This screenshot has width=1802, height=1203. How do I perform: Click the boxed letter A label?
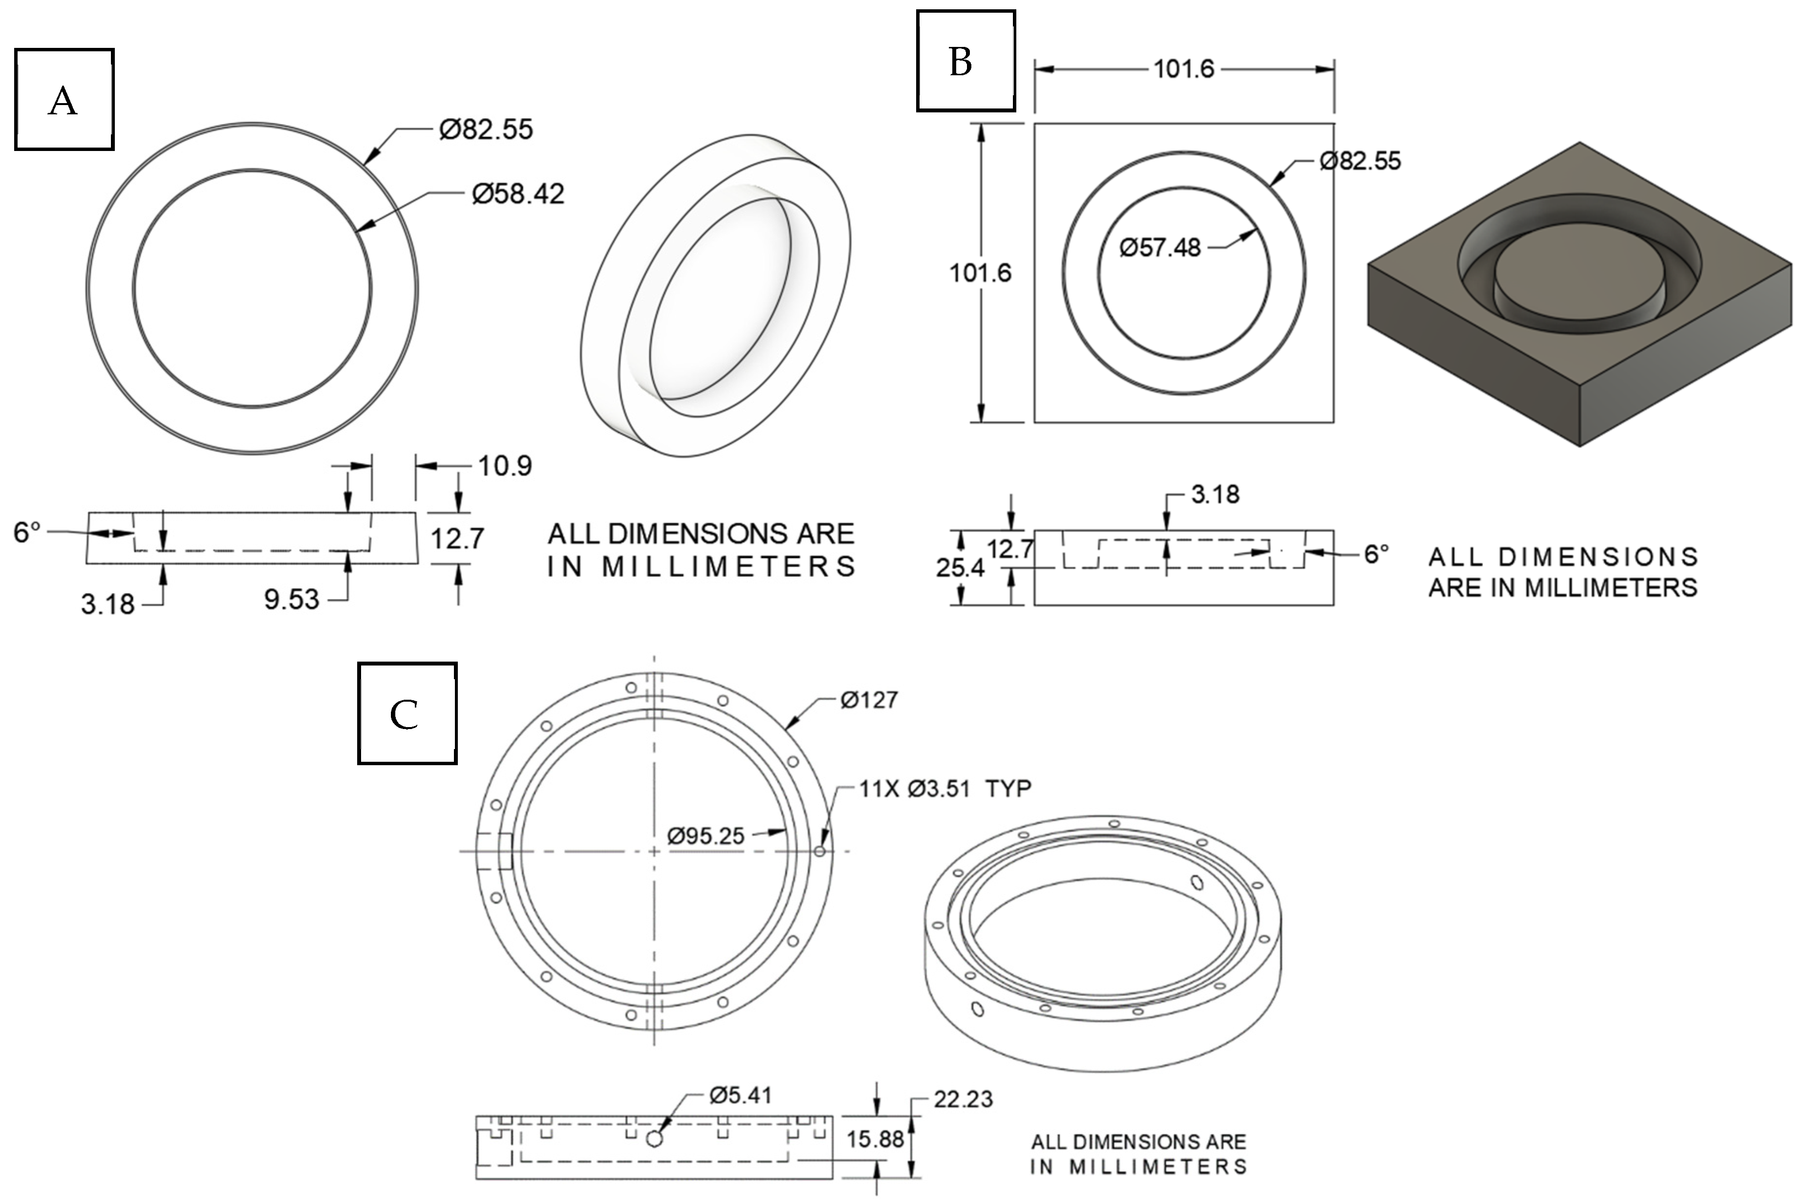click(x=64, y=100)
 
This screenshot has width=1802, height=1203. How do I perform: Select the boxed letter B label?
click(x=965, y=62)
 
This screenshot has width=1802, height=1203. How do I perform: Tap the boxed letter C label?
click(x=407, y=713)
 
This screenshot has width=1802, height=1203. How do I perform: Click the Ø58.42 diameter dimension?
click(x=518, y=193)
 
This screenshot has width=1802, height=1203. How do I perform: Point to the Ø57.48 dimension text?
click(x=1160, y=248)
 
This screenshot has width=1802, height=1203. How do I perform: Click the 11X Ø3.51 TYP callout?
click(x=944, y=789)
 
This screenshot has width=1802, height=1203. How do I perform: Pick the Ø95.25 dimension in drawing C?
click(x=706, y=836)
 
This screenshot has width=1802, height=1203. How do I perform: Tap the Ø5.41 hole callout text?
click(x=740, y=1095)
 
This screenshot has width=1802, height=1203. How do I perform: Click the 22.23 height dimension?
click(x=963, y=1099)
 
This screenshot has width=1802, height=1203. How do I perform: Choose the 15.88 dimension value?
click(x=875, y=1139)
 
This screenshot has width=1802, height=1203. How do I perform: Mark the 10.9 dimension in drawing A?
click(x=505, y=466)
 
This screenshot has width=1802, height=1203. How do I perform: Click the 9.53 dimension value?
click(x=292, y=599)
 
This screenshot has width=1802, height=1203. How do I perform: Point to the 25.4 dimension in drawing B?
click(x=960, y=568)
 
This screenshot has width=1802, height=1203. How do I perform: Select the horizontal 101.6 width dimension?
click(x=1184, y=69)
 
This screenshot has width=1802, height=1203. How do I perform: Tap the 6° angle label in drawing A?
click(x=27, y=532)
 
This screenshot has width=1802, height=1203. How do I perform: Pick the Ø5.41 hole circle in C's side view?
click(x=654, y=1139)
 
